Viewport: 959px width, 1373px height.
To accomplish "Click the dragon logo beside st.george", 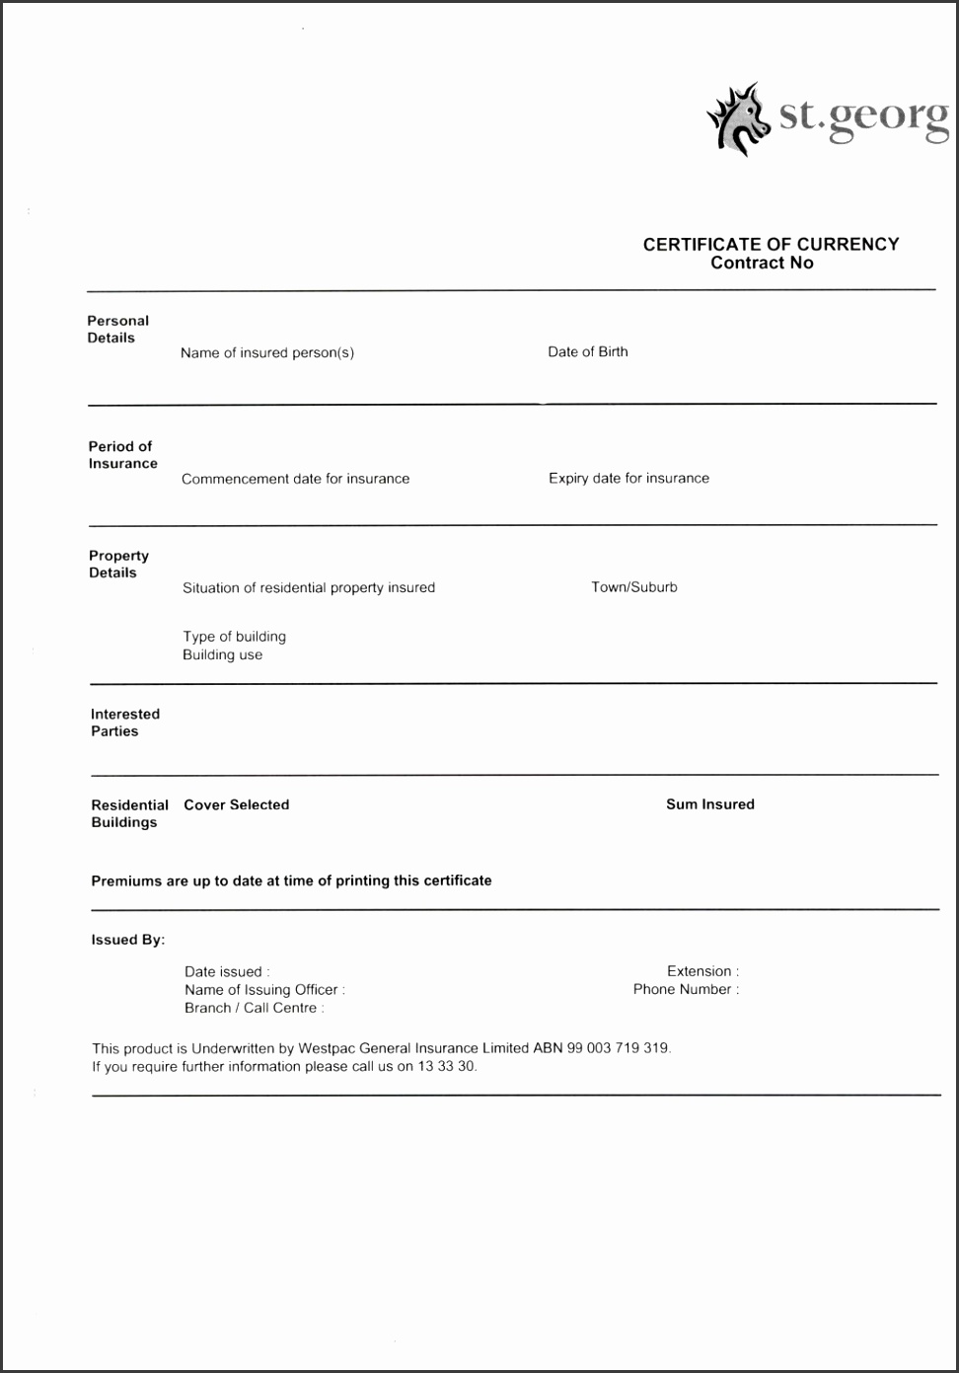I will tap(738, 119).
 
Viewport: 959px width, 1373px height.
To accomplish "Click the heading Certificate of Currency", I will tap(771, 244).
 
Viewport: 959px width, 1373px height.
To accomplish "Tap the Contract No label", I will tap(762, 263).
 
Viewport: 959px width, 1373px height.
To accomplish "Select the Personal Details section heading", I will tap(117, 329).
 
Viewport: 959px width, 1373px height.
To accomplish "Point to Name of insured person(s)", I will tap(266, 352).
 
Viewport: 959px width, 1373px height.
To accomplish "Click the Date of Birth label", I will tap(587, 351).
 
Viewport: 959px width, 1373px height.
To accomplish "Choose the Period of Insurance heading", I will tap(122, 454).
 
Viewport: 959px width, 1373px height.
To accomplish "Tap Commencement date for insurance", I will tap(295, 479).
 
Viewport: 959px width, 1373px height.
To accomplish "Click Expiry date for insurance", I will tap(628, 478).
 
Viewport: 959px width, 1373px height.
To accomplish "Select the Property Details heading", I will tap(118, 564).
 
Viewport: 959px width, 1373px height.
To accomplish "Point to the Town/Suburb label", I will tap(634, 586).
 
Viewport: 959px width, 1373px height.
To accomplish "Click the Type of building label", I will tap(234, 637).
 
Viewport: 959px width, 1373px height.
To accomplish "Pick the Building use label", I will tap(222, 654).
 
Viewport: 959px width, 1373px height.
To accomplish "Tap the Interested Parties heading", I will tap(124, 723).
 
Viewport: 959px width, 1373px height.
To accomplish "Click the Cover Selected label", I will tap(236, 804).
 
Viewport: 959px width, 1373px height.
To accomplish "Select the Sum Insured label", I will tap(709, 804).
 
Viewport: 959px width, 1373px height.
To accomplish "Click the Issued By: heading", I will tap(127, 940).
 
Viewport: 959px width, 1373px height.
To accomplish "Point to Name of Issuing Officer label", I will tap(263, 989).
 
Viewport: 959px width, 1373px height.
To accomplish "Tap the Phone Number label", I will tap(685, 989).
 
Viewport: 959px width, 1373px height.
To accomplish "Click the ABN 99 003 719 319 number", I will tap(601, 1048).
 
